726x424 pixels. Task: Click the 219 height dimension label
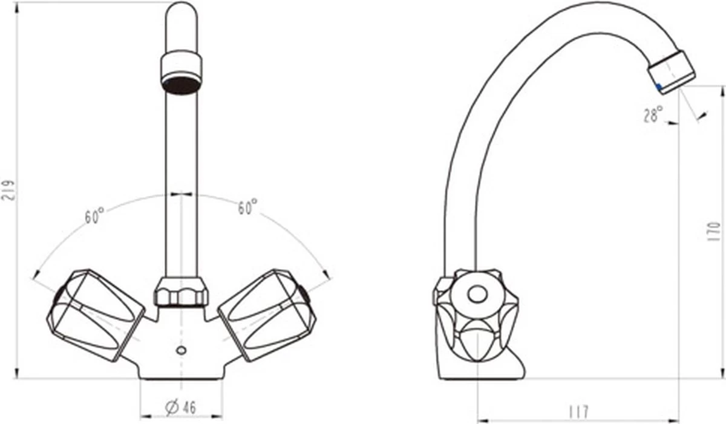tap(8, 191)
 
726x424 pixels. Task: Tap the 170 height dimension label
tap(714, 231)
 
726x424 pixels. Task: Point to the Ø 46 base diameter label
tap(180, 407)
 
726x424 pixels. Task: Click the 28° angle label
tap(653, 114)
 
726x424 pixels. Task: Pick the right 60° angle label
tap(247, 207)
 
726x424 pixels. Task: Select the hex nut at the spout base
tap(181, 292)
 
